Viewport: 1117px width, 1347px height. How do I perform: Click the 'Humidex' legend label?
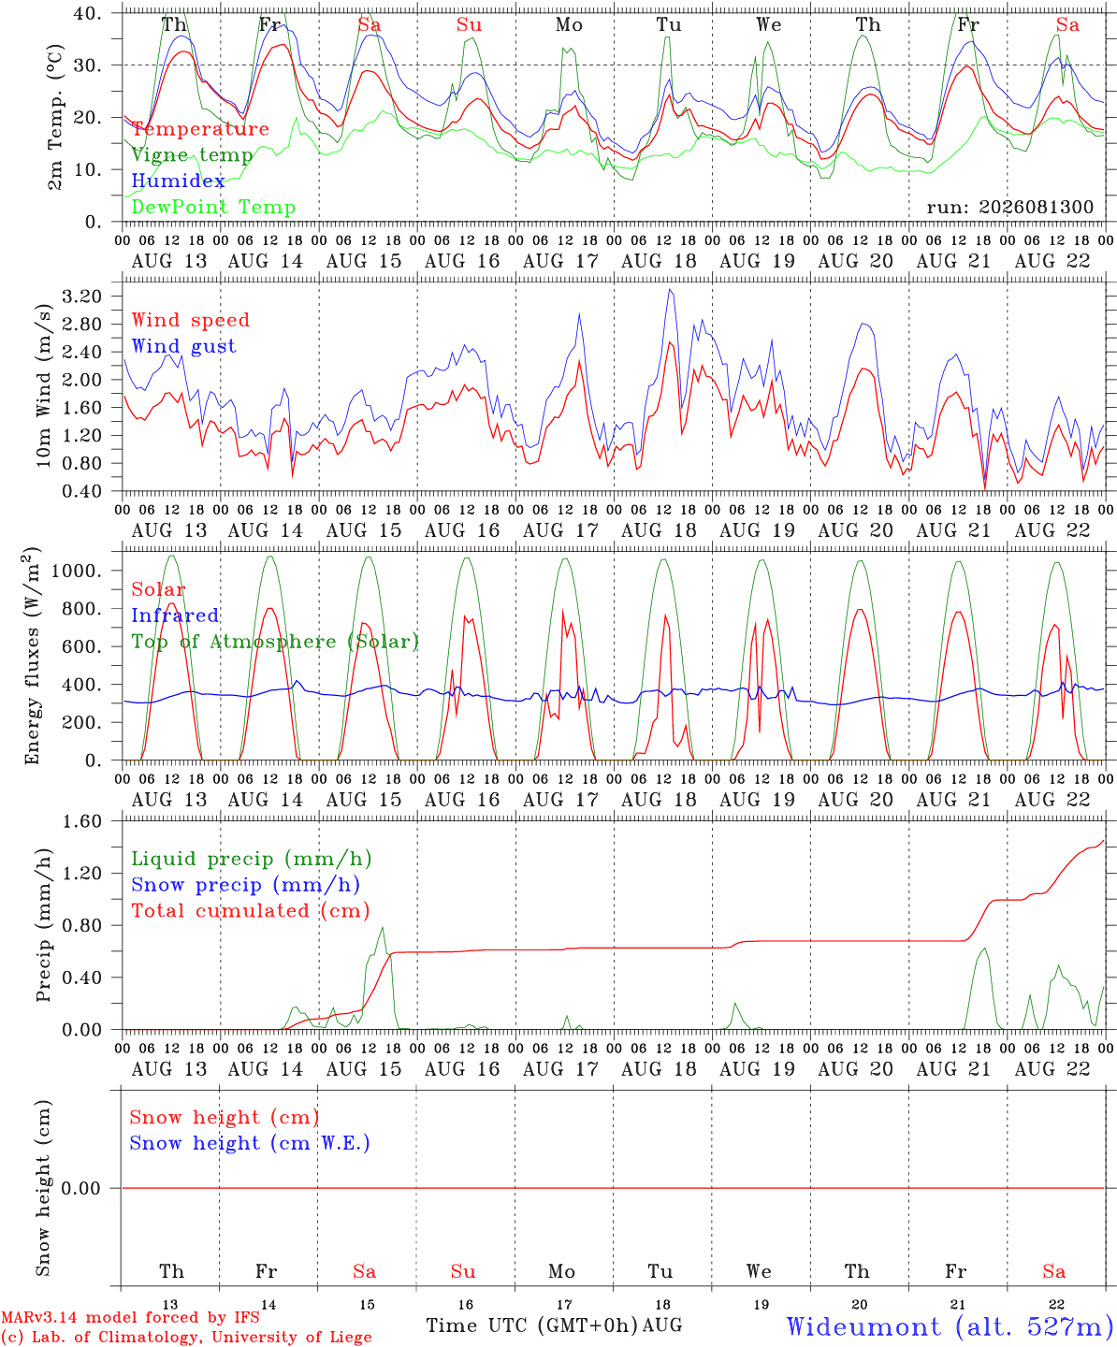(178, 181)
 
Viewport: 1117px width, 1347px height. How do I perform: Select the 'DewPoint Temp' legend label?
(213, 207)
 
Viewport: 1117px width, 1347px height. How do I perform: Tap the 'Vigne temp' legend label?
(193, 155)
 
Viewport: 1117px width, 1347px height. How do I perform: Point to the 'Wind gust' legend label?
(184, 346)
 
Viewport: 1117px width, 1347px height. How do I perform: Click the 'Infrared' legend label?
(175, 616)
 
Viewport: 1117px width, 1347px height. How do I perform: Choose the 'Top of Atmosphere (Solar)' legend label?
(276, 642)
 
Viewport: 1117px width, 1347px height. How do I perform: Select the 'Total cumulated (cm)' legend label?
(251, 911)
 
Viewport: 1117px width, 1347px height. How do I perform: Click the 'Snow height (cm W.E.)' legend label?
(250, 1143)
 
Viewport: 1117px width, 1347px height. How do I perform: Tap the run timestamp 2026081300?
(1036, 207)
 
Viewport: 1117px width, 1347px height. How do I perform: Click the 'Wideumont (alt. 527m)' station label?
(950, 1326)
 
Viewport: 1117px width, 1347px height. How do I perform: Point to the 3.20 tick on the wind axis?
(82, 297)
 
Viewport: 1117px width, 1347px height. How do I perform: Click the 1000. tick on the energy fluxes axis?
(77, 571)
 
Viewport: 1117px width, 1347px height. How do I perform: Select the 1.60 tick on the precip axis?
(82, 821)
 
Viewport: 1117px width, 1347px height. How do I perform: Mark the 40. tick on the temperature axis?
(87, 13)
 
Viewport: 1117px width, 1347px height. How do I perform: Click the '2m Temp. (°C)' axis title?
(55, 118)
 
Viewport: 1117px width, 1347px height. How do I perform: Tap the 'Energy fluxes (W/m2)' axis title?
(32, 656)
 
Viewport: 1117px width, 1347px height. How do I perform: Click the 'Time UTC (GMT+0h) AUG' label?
(555, 1325)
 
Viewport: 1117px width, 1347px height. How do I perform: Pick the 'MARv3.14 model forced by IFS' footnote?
(130, 1317)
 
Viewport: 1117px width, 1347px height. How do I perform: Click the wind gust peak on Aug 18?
(671, 290)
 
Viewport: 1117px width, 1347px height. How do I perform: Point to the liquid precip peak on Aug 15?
(383, 928)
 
